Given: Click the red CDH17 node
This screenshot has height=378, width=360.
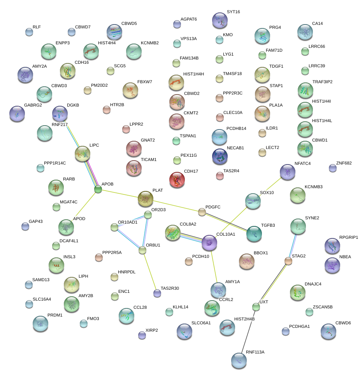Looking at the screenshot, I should [x=177, y=179].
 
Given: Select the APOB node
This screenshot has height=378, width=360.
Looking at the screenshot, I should [x=98, y=189].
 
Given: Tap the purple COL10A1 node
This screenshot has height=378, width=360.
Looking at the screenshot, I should [x=209, y=243].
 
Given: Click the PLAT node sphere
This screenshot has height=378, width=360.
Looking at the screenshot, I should [x=145, y=199].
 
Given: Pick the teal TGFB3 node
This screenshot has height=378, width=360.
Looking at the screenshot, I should [x=254, y=233].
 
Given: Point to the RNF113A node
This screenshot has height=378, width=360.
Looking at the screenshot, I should [x=239, y=360].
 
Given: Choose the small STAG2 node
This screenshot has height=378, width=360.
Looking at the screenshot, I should [x=288, y=261].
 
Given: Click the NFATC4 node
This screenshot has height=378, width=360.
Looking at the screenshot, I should [x=288, y=172].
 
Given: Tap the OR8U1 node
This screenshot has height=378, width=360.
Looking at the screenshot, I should [x=142, y=250].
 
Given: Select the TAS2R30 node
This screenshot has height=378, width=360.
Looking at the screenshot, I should [x=157, y=293].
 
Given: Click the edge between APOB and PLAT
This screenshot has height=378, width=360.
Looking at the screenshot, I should [x=121, y=194].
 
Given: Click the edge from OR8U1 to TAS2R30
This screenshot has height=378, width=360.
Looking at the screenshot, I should [x=150, y=272].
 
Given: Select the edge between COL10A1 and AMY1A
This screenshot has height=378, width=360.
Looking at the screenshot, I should [x=213, y=266].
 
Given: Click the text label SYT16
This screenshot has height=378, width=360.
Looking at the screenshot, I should [x=233, y=12].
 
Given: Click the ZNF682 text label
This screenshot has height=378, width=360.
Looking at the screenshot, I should [x=344, y=163].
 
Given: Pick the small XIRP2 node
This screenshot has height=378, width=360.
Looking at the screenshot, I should [x=142, y=335].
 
